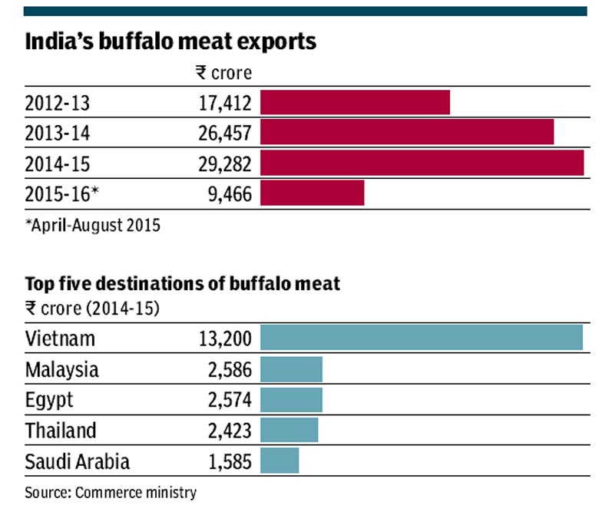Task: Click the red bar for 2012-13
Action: coord(355,103)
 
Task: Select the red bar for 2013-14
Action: coord(407,133)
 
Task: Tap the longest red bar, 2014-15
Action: coord(422,163)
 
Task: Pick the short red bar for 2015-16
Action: coord(312,193)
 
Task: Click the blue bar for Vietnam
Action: coord(422,338)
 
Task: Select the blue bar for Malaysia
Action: coord(291,369)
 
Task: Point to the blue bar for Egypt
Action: coord(291,400)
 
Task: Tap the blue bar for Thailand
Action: coord(289,430)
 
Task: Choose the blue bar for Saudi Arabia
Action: coord(280,461)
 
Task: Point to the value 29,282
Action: coord(224,163)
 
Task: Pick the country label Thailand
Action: coord(61,431)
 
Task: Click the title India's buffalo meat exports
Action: coord(170,41)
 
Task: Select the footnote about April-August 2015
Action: coord(93,226)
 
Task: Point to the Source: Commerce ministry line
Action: coord(111,492)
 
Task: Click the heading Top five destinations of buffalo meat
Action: coord(183,284)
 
